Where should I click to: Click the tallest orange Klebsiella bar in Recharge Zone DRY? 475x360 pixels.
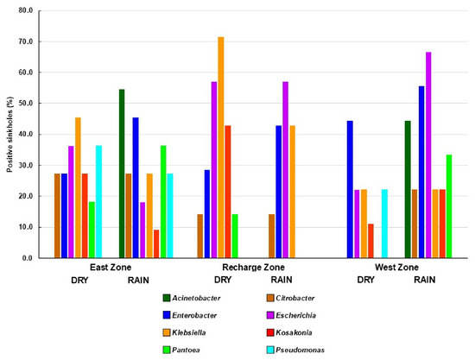pyautogui.click(x=221, y=148)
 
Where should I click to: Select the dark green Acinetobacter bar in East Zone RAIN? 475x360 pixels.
pyautogui.click(x=122, y=174)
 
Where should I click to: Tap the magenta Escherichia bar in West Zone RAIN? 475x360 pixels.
pyautogui.click(x=428, y=155)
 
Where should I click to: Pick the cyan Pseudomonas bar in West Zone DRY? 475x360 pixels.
pyautogui.click(x=384, y=224)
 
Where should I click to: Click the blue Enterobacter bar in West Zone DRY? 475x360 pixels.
pyautogui.click(x=350, y=190)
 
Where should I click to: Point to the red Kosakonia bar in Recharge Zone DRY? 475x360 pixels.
pyautogui.click(x=228, y=192)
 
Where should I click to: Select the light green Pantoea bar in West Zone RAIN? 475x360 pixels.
pyautogui.click(x=449, y=206)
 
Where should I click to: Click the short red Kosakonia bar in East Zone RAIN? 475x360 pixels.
pyautogui.click(x=156, y=244)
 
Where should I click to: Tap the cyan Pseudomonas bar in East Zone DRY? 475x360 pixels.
pyautogui.click(x=98, y=202)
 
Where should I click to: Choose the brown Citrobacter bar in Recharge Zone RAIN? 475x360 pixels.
pyautogui.click(x=272, y=237)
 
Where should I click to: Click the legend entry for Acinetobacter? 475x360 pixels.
pyautogui.click(x=192, y=298)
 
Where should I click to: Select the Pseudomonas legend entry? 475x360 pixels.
pyautogui.click(x=295, y=350)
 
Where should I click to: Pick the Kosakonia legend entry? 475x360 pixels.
pyautogui.click(x=289, y=332)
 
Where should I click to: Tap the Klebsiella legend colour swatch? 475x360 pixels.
pyautogui.click(x=167, y=332)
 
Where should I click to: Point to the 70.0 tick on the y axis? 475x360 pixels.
pyautogui.click(x=27, y=41)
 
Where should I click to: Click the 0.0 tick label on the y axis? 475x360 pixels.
pyautogui.click(x=28, y=258)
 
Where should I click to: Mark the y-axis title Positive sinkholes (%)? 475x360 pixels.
pyautogui.click(x=9, y=135)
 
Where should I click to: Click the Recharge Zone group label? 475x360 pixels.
pyautogui.click(x=253, y=268)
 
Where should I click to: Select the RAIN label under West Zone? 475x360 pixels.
pyautogui.click(x=425, y=280)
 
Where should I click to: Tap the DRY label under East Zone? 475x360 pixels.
pyautogui.click(x=79, y=281)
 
